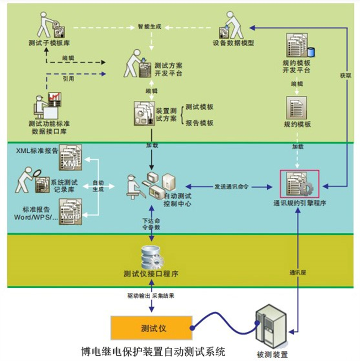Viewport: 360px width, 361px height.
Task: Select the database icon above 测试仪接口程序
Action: tap(151, 255)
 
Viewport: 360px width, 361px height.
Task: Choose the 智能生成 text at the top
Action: tap(150, 26)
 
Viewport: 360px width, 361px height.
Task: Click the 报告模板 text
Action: tap(200, 123)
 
